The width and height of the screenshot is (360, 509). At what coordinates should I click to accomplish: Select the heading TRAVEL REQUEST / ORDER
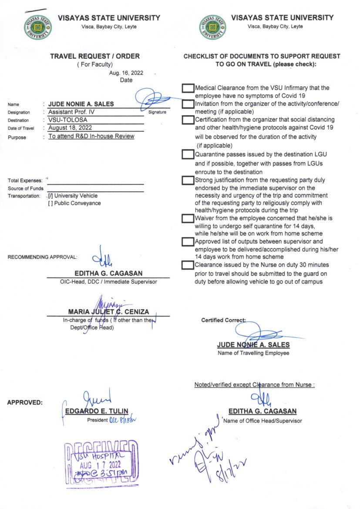(x=95, y=56)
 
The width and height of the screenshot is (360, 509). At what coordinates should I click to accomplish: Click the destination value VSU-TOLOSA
(x=67, y=120)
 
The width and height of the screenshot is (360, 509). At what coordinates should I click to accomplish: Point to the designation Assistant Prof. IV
(x=71, y=112)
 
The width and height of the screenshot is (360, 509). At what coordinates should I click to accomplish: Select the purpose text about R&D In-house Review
(x=91, y=136)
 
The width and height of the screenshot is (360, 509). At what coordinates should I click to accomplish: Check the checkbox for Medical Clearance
(x=188, y=88)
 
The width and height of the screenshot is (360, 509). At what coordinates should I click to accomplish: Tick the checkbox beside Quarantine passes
(x=188, y=154)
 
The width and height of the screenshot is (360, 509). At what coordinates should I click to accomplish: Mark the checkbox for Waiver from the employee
(x=188, y=218)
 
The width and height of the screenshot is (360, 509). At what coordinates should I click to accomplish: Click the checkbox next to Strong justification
(x=188, y=180)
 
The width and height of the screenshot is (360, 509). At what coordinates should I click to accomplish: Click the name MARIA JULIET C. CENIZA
(x=108, y=312)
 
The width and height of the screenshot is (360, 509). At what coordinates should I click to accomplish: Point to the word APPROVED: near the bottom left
(x=25, y=403)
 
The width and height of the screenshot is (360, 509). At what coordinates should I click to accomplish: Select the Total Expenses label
(x=25, y=180)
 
